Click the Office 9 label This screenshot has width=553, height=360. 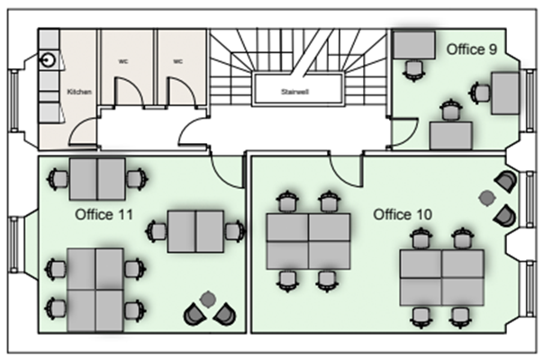coord(472,50)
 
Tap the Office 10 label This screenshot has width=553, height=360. coord(403,214)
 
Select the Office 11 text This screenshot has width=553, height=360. coord(104,214)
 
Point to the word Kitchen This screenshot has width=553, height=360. coord(79,92)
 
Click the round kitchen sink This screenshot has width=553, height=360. coord(49,61)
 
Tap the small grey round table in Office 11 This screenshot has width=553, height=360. coord(209,298)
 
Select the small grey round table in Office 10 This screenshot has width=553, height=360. coord(487,195)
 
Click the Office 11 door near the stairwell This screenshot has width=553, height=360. coord(228,166)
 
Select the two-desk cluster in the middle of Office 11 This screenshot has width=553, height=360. coord(195,231)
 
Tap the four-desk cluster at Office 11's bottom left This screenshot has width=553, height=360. coord(95,282)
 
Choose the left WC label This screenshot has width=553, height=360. coord(122,61)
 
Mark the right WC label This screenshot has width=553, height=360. coord(177,61)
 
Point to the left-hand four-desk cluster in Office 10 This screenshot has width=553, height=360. coord(307,240)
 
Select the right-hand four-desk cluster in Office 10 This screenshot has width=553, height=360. coord(442,277)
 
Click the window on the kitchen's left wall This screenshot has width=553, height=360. coord(15,100)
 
